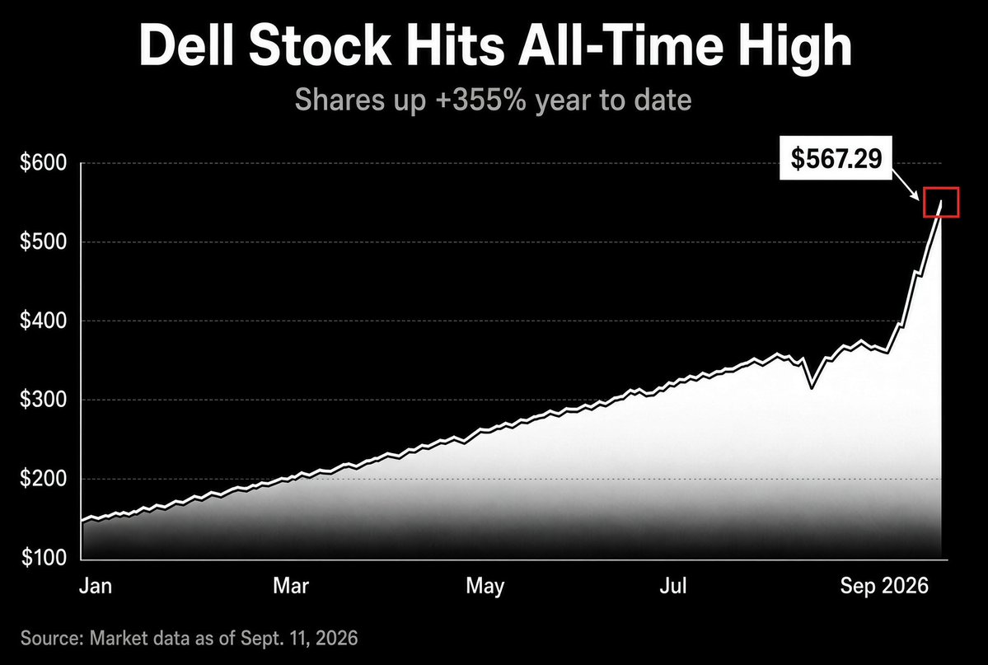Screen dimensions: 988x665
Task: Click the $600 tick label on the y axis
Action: (x=44, y=163)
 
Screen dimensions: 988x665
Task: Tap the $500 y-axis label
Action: (x=44, y=242)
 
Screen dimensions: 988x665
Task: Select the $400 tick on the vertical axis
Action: (x=44, y=321)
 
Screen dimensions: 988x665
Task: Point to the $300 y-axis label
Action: (x=44, y=400)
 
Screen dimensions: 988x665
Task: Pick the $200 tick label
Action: (x=44, y=479)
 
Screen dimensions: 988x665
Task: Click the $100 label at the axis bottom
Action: (x=44, y=558)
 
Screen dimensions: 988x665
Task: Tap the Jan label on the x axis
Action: (x=96, y=586)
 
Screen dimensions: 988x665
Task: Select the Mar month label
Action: (x=291, y=586)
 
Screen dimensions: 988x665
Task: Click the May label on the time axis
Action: (x=485, y=587)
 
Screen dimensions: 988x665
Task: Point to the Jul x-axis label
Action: (x=673, y=586)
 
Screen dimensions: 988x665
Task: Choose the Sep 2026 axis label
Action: (x=884, y=587)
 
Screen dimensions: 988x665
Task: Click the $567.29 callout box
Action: (x=836, y=157)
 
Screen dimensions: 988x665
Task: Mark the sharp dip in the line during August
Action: (x=812, y=386)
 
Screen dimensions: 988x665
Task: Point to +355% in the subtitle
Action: (x=480, y=101)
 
